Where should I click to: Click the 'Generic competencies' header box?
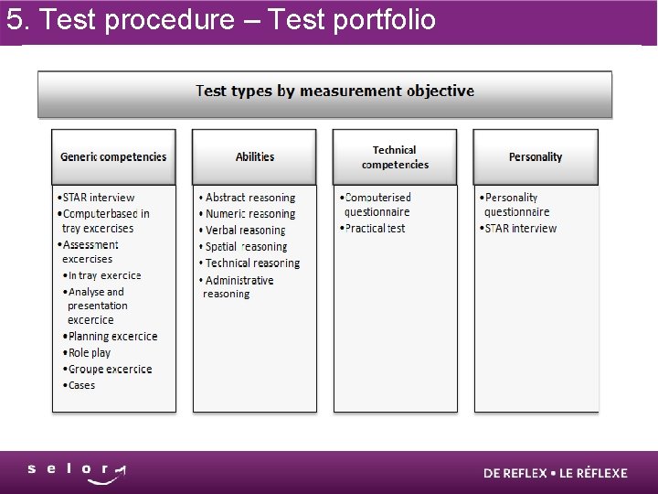coord(113,156)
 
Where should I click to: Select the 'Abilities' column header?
coord(254,156)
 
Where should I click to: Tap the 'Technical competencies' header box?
coord(395,156)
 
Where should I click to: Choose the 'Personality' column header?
coord(536,156)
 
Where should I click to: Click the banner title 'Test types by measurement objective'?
coord(334,91)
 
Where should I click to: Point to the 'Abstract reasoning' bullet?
coord(249,198)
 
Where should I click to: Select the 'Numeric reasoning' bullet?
coord(249,214)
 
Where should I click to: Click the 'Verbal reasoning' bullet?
coord(245,231)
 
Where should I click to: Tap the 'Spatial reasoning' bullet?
coord(246,247)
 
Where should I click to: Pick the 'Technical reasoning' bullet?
coord(251,263)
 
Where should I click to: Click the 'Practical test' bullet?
coord(375,229)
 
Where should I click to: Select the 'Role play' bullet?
coord(89,353)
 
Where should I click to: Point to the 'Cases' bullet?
coord(81,386)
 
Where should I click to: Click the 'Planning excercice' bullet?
coord(112,337)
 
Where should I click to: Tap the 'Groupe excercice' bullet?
coord(110,370)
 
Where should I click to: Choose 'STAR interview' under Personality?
coord(520,229)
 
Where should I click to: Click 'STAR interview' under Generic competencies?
coord(98,198)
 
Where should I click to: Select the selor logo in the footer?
coord(77,472)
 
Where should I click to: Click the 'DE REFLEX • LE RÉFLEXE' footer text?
coord(556,473)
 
